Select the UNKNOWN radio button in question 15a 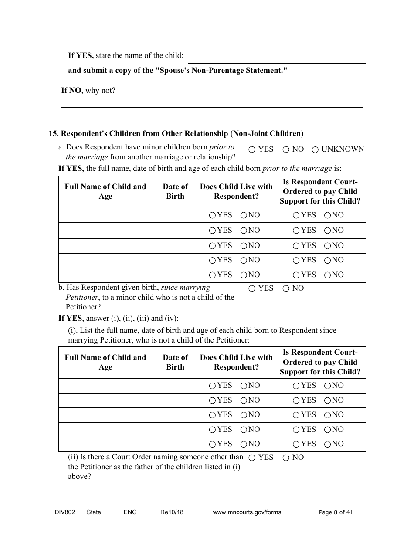point(316,149)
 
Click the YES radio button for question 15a point(252,149)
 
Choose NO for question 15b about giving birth point(286,288)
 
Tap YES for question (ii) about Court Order point(252,458)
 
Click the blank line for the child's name point(276,59)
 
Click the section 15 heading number point(53,133)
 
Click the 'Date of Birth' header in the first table point(175,191)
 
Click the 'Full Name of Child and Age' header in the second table point(105,362)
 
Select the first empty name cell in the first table point(105,215)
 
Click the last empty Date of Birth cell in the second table point(175,444)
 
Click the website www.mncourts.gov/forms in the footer point(247,512)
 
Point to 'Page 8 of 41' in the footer point(336,512)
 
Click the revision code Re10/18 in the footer point(172,512)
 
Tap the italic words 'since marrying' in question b point(186,288)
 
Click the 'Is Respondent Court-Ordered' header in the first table point(320,191)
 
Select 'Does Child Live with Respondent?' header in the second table point(236,362)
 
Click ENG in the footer point(130,512)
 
